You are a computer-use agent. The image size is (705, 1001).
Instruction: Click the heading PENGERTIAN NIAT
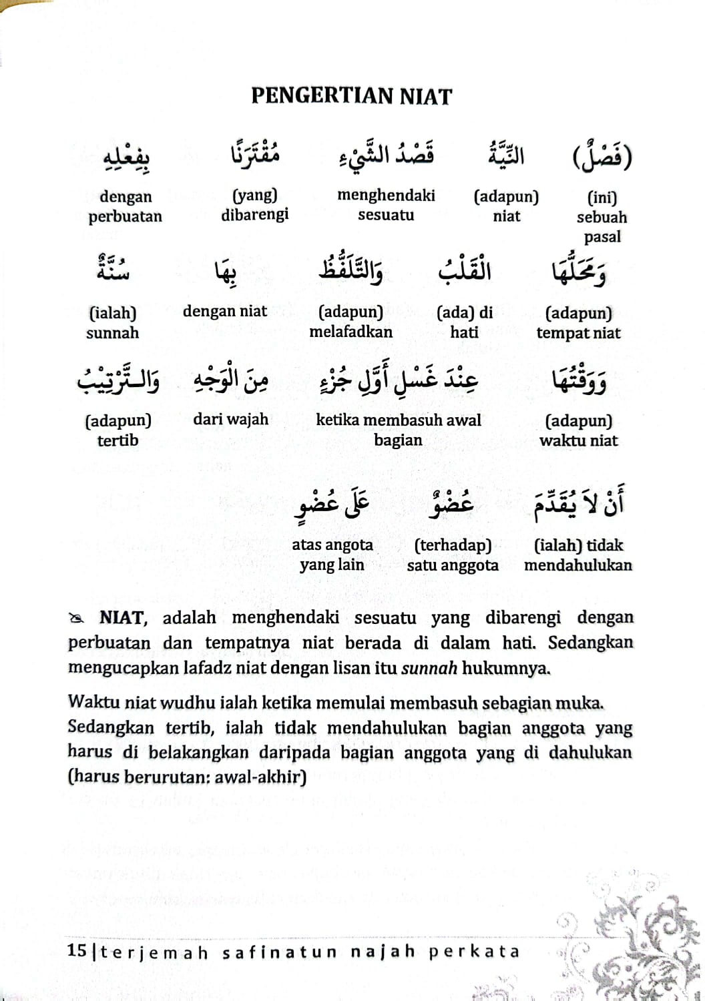[x=351, y=96]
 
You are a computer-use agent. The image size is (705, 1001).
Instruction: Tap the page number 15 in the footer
[x=77, y=951]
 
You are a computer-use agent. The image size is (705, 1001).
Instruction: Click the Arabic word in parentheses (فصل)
[x=602, y=155]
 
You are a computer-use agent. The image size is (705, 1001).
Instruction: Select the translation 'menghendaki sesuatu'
[x=386, y=205]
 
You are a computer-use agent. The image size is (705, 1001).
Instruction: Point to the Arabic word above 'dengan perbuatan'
[x=126, y=158]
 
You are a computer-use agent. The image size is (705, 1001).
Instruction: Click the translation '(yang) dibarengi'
[x=255, y=205]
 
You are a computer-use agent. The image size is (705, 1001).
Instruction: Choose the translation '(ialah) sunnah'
[x=112, y=323]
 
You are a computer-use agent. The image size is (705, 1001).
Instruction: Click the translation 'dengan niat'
[x=225, y=312]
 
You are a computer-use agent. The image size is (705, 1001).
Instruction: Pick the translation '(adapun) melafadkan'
[x=350, y=322]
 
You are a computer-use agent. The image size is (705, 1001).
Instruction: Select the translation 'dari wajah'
[x=230, y=420]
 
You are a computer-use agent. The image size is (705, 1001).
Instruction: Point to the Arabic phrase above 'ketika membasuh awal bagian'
[x=399, y=380]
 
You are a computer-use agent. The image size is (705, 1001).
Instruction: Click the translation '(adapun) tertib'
[x=118, y=430]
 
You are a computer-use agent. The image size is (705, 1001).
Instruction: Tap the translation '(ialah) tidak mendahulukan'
[x=577, y=555]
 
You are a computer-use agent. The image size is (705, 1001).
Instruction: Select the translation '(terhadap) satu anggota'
[x=453, y=555]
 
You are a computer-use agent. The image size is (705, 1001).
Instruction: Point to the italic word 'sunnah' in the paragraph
[x=429, y=668]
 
